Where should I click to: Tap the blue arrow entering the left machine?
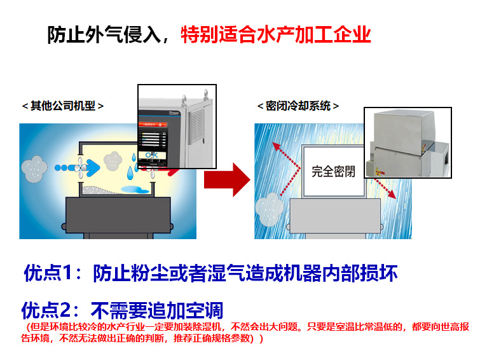click(x=89, y=167)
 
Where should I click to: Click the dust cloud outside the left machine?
click(x=34, y=167)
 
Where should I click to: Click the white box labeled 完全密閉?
click(x=333, y=171)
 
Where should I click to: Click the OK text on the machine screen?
click(x=152, y=155)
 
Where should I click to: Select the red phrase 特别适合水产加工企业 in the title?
click(x=275, y=34)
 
